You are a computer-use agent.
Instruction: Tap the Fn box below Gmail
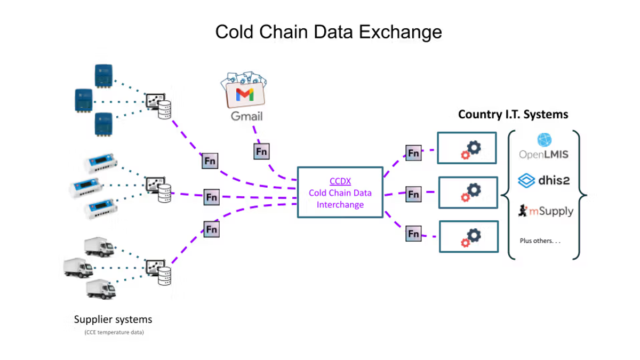pos(261,151)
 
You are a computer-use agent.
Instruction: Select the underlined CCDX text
pos(340,181)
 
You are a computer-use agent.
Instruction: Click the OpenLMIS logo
pos(544,147)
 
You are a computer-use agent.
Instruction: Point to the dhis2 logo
pos(544,180)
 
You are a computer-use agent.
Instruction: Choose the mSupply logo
pos(545,211)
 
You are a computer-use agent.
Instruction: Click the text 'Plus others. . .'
pos(540,241)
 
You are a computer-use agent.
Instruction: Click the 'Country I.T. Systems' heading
pos(513,114)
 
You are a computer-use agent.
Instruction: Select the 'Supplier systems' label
pos(113,319)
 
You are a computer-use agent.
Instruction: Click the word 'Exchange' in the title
pos(400,32)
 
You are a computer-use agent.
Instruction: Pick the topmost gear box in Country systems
pos(468,148)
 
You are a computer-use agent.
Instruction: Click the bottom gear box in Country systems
pos(468,236)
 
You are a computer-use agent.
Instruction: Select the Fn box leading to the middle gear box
pos(413,194)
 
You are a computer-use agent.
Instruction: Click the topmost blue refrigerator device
pos(103,74)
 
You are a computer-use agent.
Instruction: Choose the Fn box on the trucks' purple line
pos(211,229)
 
